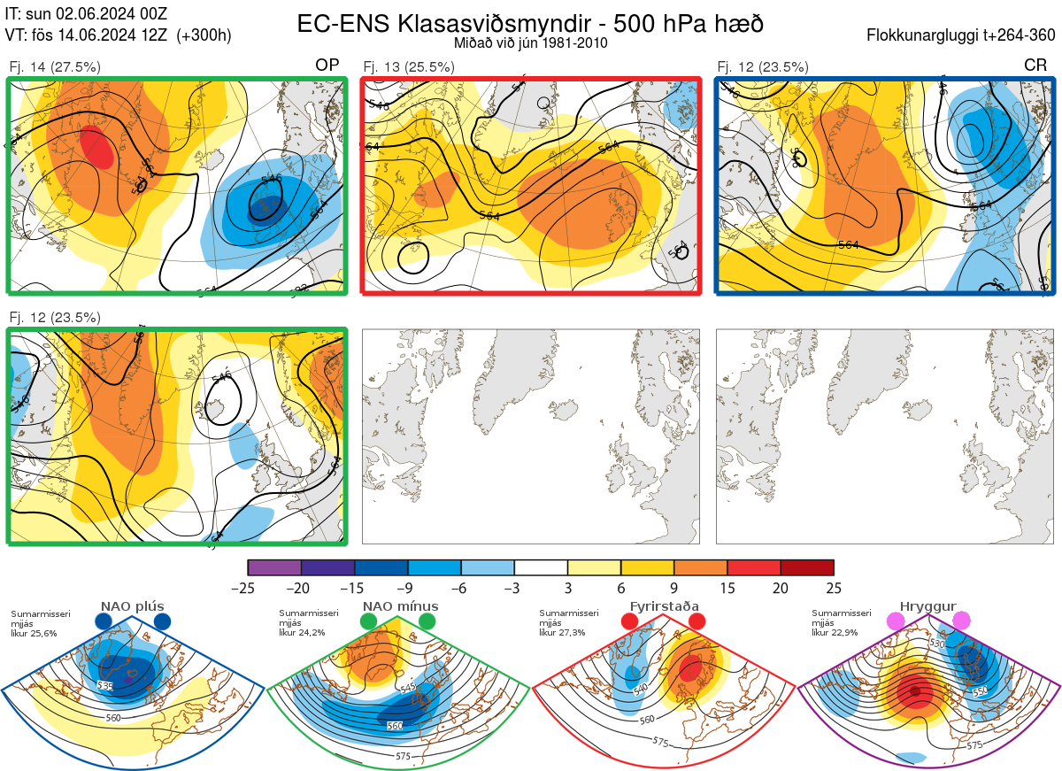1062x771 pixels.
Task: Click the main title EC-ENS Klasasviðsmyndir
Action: pyautogui.click(x=529, y=23)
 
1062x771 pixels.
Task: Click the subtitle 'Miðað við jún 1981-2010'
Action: pyautogui.click(x=529, y=42)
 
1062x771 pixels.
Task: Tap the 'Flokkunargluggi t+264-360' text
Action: pyautogui.click(x=963, y=35)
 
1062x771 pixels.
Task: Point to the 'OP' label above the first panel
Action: pyautogui.click(x=327, y=66)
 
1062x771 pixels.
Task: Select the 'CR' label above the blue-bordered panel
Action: pyautogui.click(x=1035, y=66)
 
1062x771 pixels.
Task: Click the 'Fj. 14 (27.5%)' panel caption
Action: pyautogui.click(x=55, y=66)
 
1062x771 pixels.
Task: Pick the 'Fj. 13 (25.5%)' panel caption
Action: pyautogui.click(x=409, y=66)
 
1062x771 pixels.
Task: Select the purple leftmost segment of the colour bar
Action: pyautogui.click(x=274, y=567)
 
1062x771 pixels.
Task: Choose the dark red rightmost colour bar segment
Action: pyautogui.click(x=807, y=567)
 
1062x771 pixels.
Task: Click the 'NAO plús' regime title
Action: pyautogui.click(x=133, y=606)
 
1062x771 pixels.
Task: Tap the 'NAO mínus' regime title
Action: pyautogui.click(x=400, y=606)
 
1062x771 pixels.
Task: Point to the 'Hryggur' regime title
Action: pyautogui.click(x=928, y=606)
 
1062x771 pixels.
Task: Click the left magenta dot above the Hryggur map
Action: pyautogui.click(x=897, y=621)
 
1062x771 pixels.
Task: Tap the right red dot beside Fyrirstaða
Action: pyautogui.click(x=696, y=621)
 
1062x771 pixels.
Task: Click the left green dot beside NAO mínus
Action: pyautogui.click(x=369, y=621)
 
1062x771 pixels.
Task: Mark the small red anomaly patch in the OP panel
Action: pyautogui.click(x=97, y=146)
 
